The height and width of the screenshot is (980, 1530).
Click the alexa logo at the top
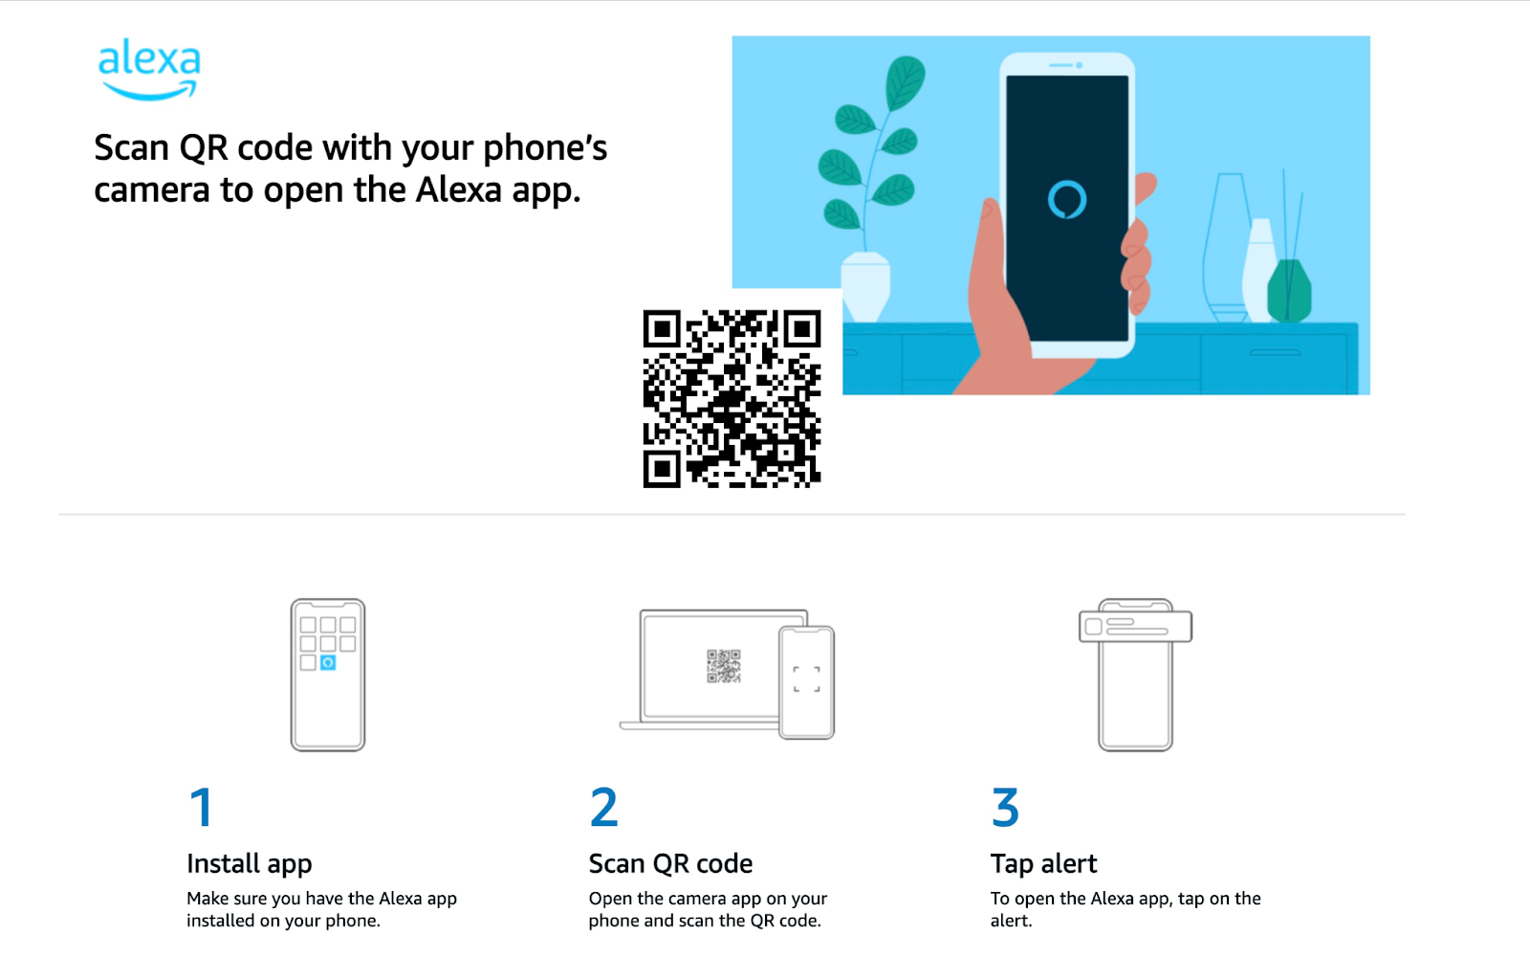click(149, 68)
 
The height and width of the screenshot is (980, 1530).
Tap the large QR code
click(732, 398)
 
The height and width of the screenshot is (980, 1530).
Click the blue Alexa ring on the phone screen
click(1067, 199)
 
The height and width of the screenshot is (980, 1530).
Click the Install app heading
click(249, 864)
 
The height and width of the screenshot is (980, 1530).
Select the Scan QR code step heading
click(670, 864)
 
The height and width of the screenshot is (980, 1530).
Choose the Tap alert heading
click(1043, 864)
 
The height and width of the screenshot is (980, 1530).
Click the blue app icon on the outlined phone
click(328, 662)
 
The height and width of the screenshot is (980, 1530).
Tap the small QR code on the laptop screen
click(724, 666)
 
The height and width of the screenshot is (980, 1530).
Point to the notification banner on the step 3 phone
click(1135, 627)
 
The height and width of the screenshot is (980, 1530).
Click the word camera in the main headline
click(152, 190)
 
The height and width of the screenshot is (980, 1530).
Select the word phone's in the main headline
click(545, 148)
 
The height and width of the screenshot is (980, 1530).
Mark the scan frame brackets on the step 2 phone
click(806, 679)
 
